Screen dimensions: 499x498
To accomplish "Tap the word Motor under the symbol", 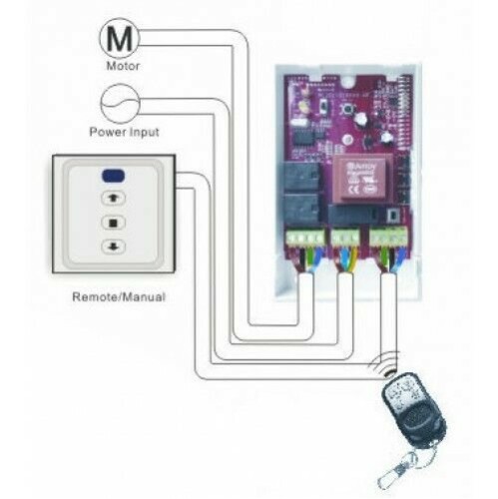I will (120, 67).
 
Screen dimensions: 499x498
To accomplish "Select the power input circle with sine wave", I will (120, 103).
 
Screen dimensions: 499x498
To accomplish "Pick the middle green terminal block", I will (345, 238).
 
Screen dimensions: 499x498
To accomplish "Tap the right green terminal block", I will (389, 237).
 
